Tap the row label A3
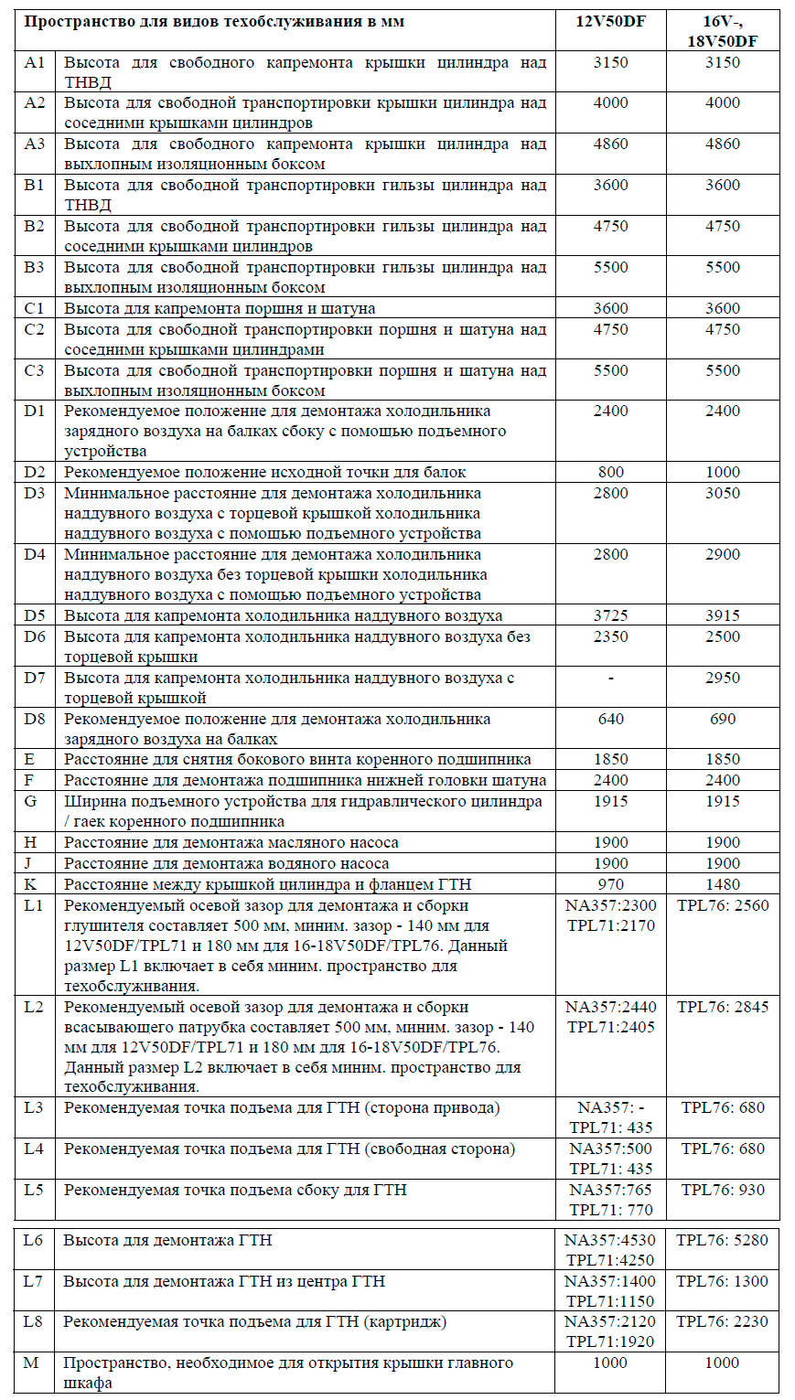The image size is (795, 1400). tap(35, 144)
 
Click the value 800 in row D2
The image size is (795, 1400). tap(610, 473)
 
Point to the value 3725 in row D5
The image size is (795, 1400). tap(610, 616)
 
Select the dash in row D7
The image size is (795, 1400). tap(610, 678)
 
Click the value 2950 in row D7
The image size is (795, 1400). tap(722, 678)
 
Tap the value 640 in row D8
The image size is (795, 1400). tap(610, 719)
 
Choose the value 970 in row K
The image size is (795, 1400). tap(610, 884)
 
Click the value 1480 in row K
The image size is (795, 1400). tap(722, 884)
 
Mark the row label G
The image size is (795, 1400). tap(31, 801)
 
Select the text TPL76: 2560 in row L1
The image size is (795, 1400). tap(723, 905)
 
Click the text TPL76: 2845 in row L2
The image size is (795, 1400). tap(723, 1007)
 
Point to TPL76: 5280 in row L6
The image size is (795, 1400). tap(723, 1241)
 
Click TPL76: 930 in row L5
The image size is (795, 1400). tap(723, 1190)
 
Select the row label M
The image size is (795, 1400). tap(31, 1363)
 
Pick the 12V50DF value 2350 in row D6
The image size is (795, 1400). tap(610, 636)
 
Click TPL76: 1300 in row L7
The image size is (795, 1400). tap(723, 1281)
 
